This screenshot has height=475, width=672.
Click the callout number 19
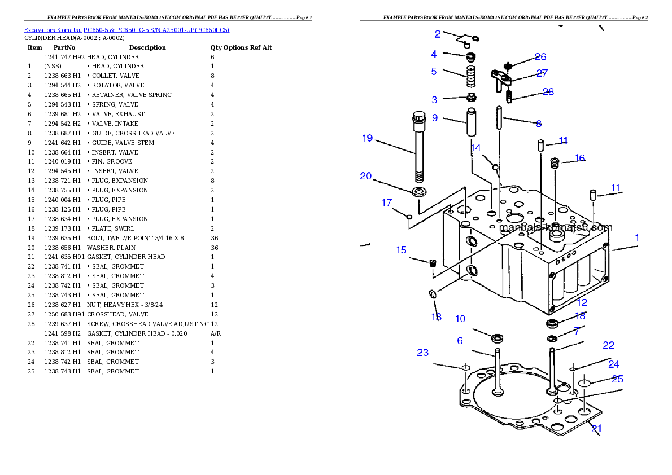coord(368,138)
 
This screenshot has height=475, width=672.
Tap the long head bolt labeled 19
coord(418,147)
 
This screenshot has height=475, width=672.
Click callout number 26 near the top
coord(540,57)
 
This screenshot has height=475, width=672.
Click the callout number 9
coord(435,118)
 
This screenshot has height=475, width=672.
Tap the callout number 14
coord(476,148)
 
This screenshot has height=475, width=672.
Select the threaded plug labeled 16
coord(554,164)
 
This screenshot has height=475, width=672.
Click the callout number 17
coord(387,203)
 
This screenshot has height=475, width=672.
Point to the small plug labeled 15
coord(433,263)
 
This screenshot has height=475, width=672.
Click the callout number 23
coord(423,353)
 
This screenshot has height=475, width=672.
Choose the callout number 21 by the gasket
coord(596,429)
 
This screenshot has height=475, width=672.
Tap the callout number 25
coord(617,379)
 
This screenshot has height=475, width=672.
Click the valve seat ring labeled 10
coord(498,338)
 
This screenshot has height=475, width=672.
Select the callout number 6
coord(460,341)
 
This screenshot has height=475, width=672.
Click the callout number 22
coord(608,345)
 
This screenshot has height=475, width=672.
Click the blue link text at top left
coord(126,30)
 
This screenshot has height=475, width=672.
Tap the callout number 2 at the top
coord(437,34)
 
